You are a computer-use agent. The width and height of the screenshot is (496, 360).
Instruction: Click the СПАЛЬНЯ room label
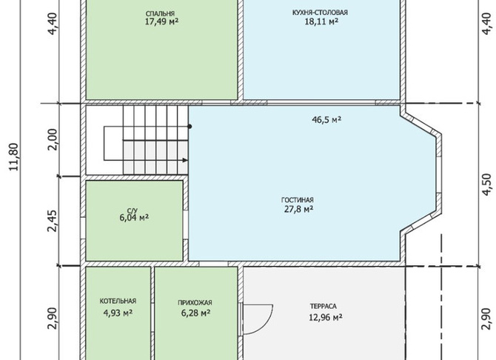[x=160, y=13]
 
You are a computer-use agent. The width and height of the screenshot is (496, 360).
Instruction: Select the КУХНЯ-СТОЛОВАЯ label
[x=320, y=13]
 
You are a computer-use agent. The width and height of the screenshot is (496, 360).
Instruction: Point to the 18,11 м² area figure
[x=321, y=21]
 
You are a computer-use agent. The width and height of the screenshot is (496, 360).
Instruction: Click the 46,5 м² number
[x=326, y=120]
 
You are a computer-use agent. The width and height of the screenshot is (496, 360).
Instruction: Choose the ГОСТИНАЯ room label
[x=298, y=200]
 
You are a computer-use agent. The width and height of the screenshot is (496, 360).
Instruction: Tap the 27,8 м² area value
[x=298, y=210]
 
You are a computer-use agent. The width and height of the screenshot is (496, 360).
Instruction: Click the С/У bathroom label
[x=133, y=211]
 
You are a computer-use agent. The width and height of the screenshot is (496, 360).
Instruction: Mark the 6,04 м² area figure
[x=134, y=218]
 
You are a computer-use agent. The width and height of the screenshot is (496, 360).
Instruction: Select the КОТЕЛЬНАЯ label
[x=118, y=301]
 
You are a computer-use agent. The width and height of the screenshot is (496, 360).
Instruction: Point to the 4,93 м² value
[x=118, y=313]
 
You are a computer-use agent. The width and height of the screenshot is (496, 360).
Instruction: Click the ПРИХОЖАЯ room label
[x=195, y=303]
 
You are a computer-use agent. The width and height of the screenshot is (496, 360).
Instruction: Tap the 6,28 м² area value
[x=195, y=313]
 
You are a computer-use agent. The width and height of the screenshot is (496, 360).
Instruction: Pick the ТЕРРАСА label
[x=324, y=307]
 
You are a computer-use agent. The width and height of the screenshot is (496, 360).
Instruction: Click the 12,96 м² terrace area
[x=326, y=317]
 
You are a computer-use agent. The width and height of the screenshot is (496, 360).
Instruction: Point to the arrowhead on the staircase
[x=185, y=160]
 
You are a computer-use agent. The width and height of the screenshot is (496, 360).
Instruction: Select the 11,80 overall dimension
[x=15, y=157]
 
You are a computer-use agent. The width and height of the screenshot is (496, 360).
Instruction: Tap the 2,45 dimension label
[x=53, y=221]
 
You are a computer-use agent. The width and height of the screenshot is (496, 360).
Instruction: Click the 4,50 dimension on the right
[x=487, y=184]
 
